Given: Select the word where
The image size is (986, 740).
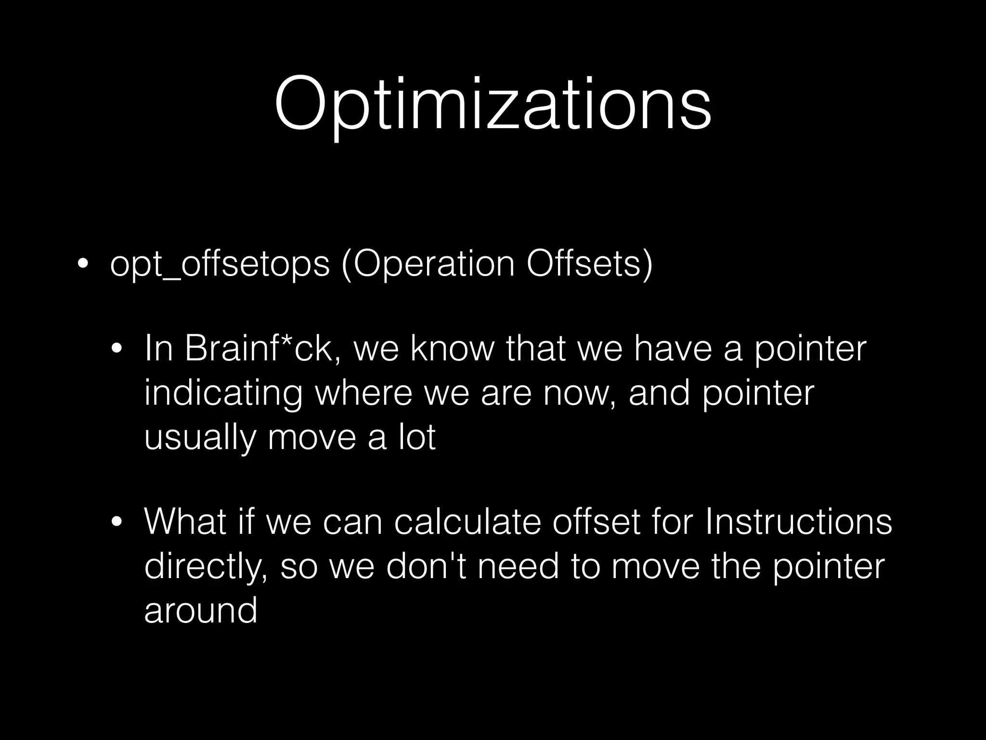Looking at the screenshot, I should pos(363,393).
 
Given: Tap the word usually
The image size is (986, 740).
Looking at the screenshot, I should pos(199,437).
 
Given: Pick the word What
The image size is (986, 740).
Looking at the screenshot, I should pos(185,522).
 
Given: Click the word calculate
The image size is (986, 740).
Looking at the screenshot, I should pos(467,522).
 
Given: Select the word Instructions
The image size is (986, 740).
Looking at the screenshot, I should pos(798,522).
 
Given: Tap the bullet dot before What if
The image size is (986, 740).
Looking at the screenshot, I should pos(117,522).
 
